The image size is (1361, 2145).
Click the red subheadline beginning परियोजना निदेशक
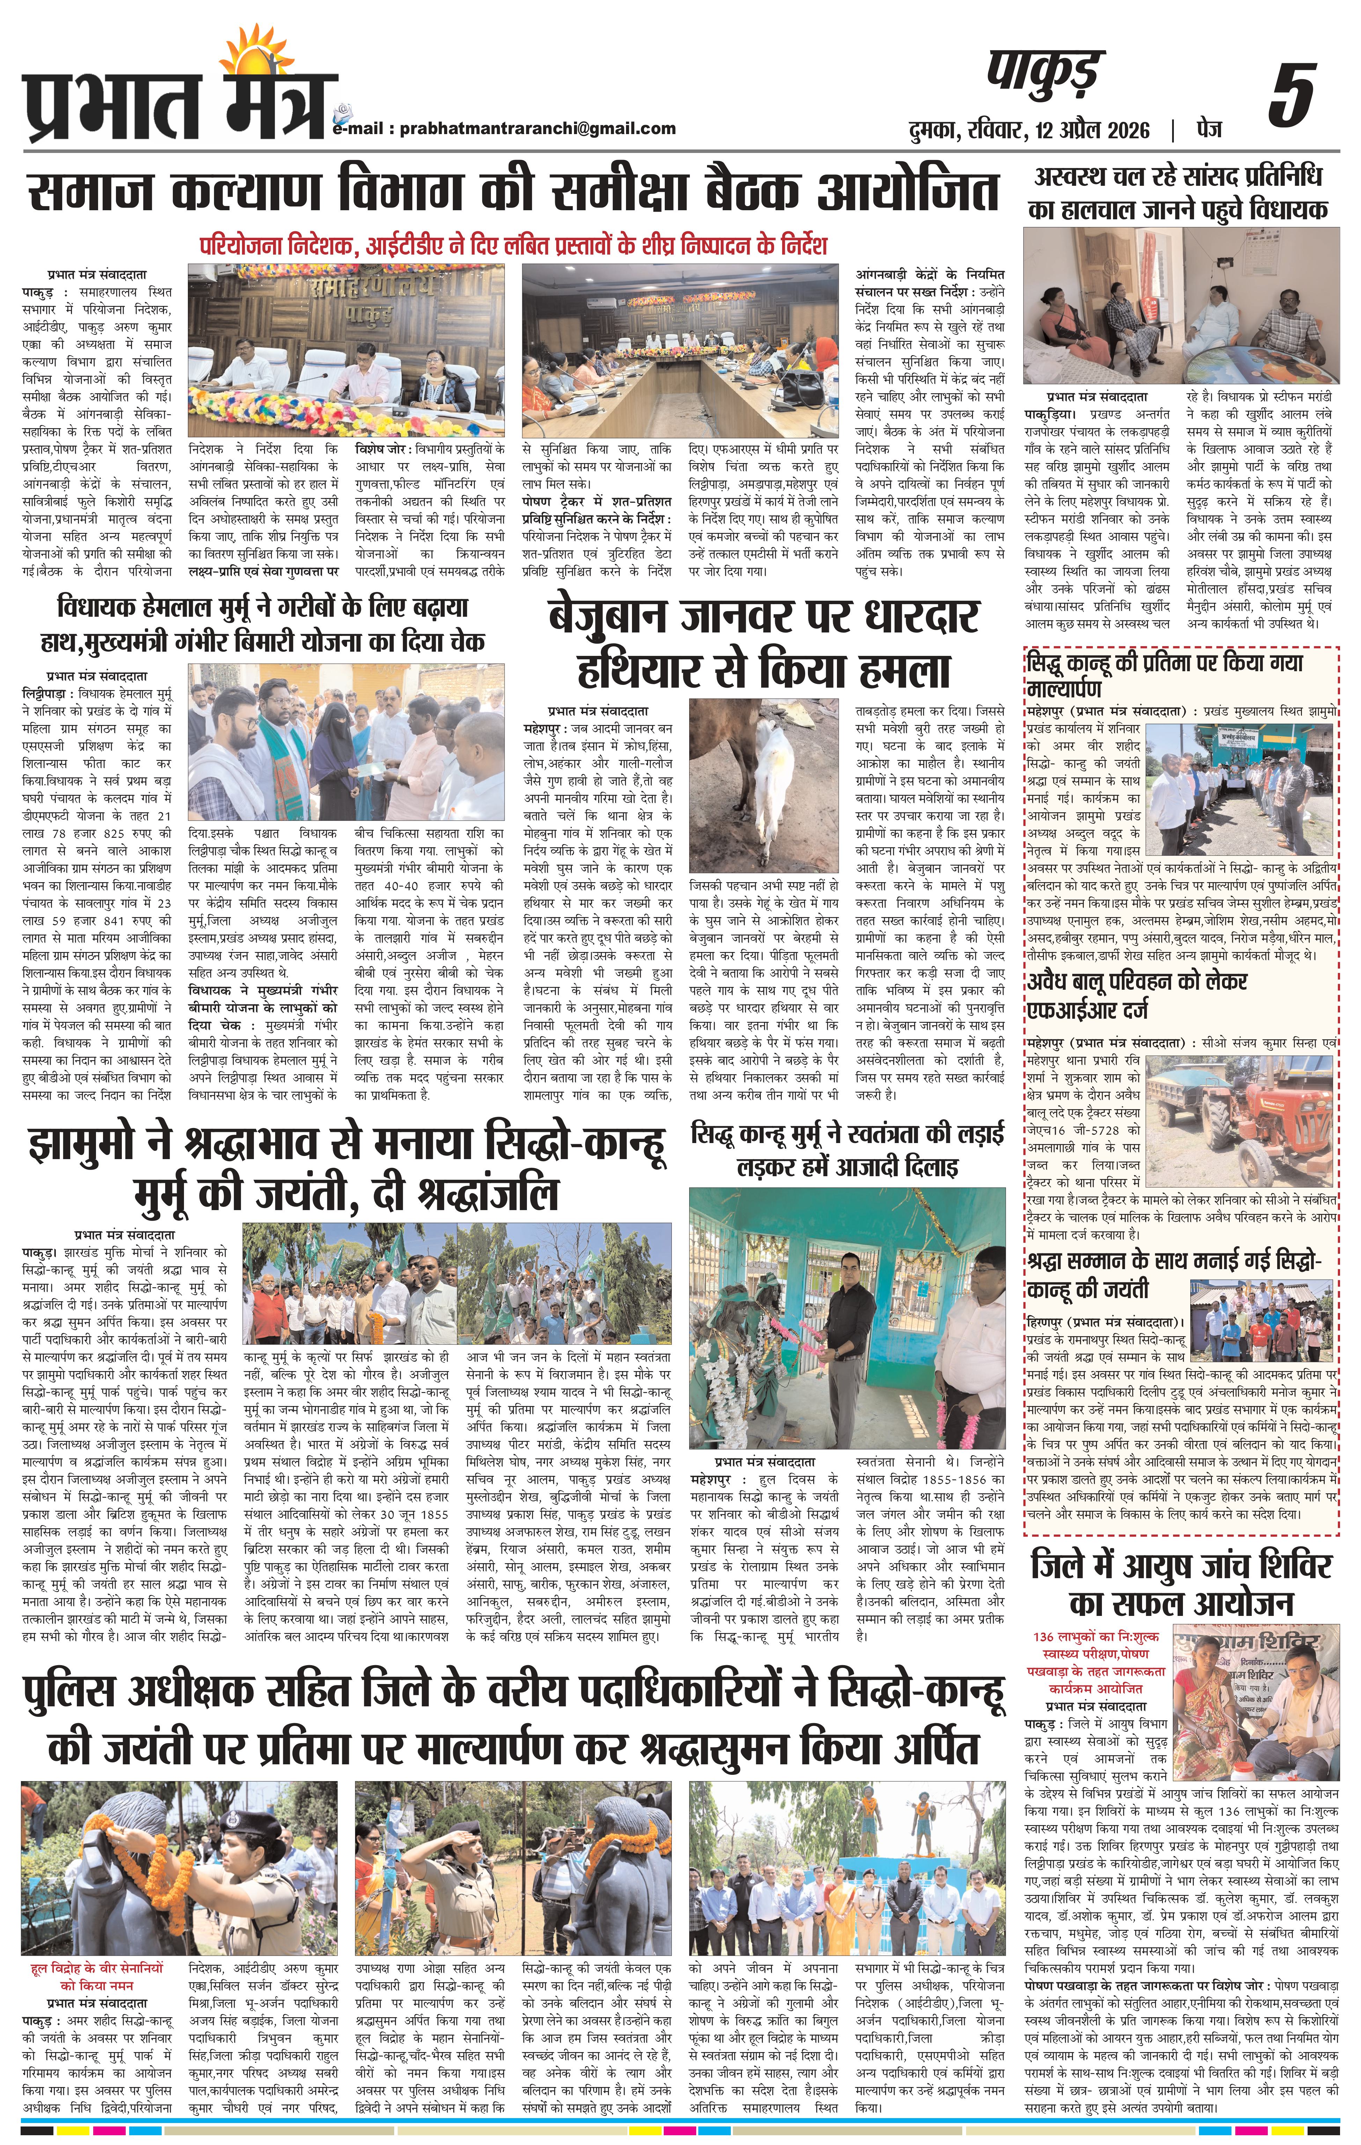pos(514,244)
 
